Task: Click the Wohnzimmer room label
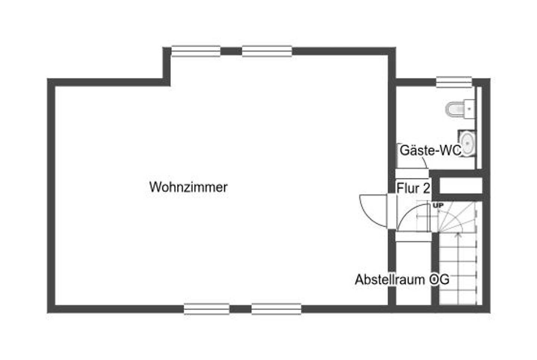click(x=188, y=187)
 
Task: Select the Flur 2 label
click(x=413, y=188)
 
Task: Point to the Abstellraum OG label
click(x=402, y=279)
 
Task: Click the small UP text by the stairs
click(x=438, y=206)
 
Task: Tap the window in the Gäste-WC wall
click(x=454, y=82)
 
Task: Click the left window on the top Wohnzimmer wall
click(x=196, y=51)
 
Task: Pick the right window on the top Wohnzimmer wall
click(x=267, y=51)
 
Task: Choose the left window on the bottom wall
click(x=207, y=309)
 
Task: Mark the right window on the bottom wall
click(x=276, y=309)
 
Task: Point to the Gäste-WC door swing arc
click(x=424, y=163)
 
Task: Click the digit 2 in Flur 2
click(x=426, y=188)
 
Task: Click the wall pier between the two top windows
click(x=231, y=51)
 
